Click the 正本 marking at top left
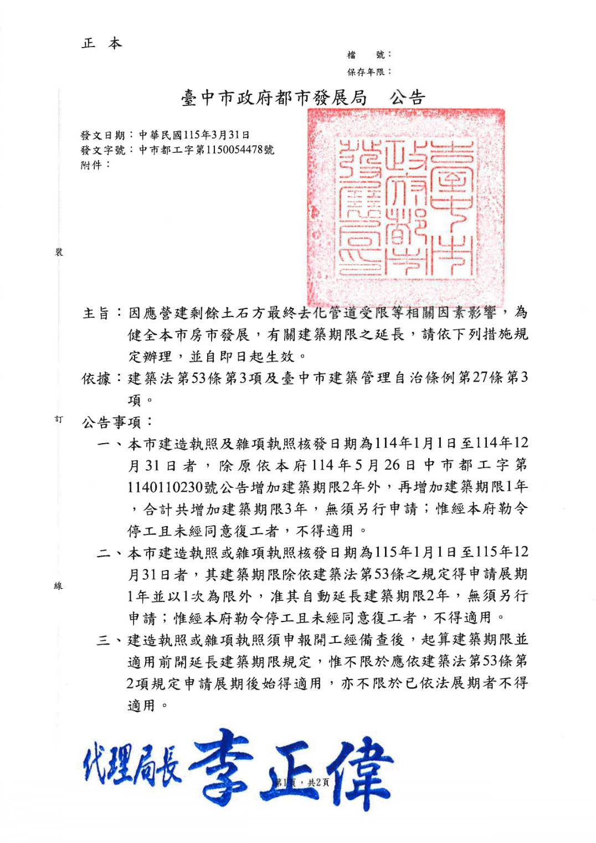pyautogui.click(x=102, y=43)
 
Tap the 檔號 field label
pyautogui.click(x=368, y=54)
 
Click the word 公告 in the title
pyautogui.click(x=407, y=98)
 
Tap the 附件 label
pyautogui.click(x=95, y=165)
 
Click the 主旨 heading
pyautogui.click(x=96, y=313)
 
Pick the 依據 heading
pyautogui.click(x=96, y=378)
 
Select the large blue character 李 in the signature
pyautogui.click(x=222, y=767)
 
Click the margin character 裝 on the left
pyautogui.click(x=59, y=252)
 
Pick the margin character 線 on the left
pyautogui.click(x=59, y=585)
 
